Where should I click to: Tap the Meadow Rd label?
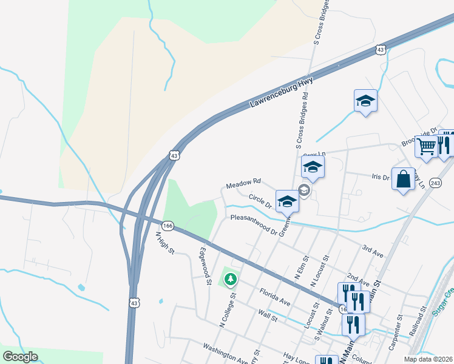[x=243, y=182]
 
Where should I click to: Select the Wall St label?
[x=267, y=315]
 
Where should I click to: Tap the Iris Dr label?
[x=380, y=177]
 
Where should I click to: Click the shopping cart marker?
[x=427, y=146]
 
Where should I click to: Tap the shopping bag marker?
[x=403, y=179]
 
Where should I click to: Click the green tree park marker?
[x=230, y=280]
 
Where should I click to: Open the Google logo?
[x=21, y=357]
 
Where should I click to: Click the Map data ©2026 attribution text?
[x=429, y=359]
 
